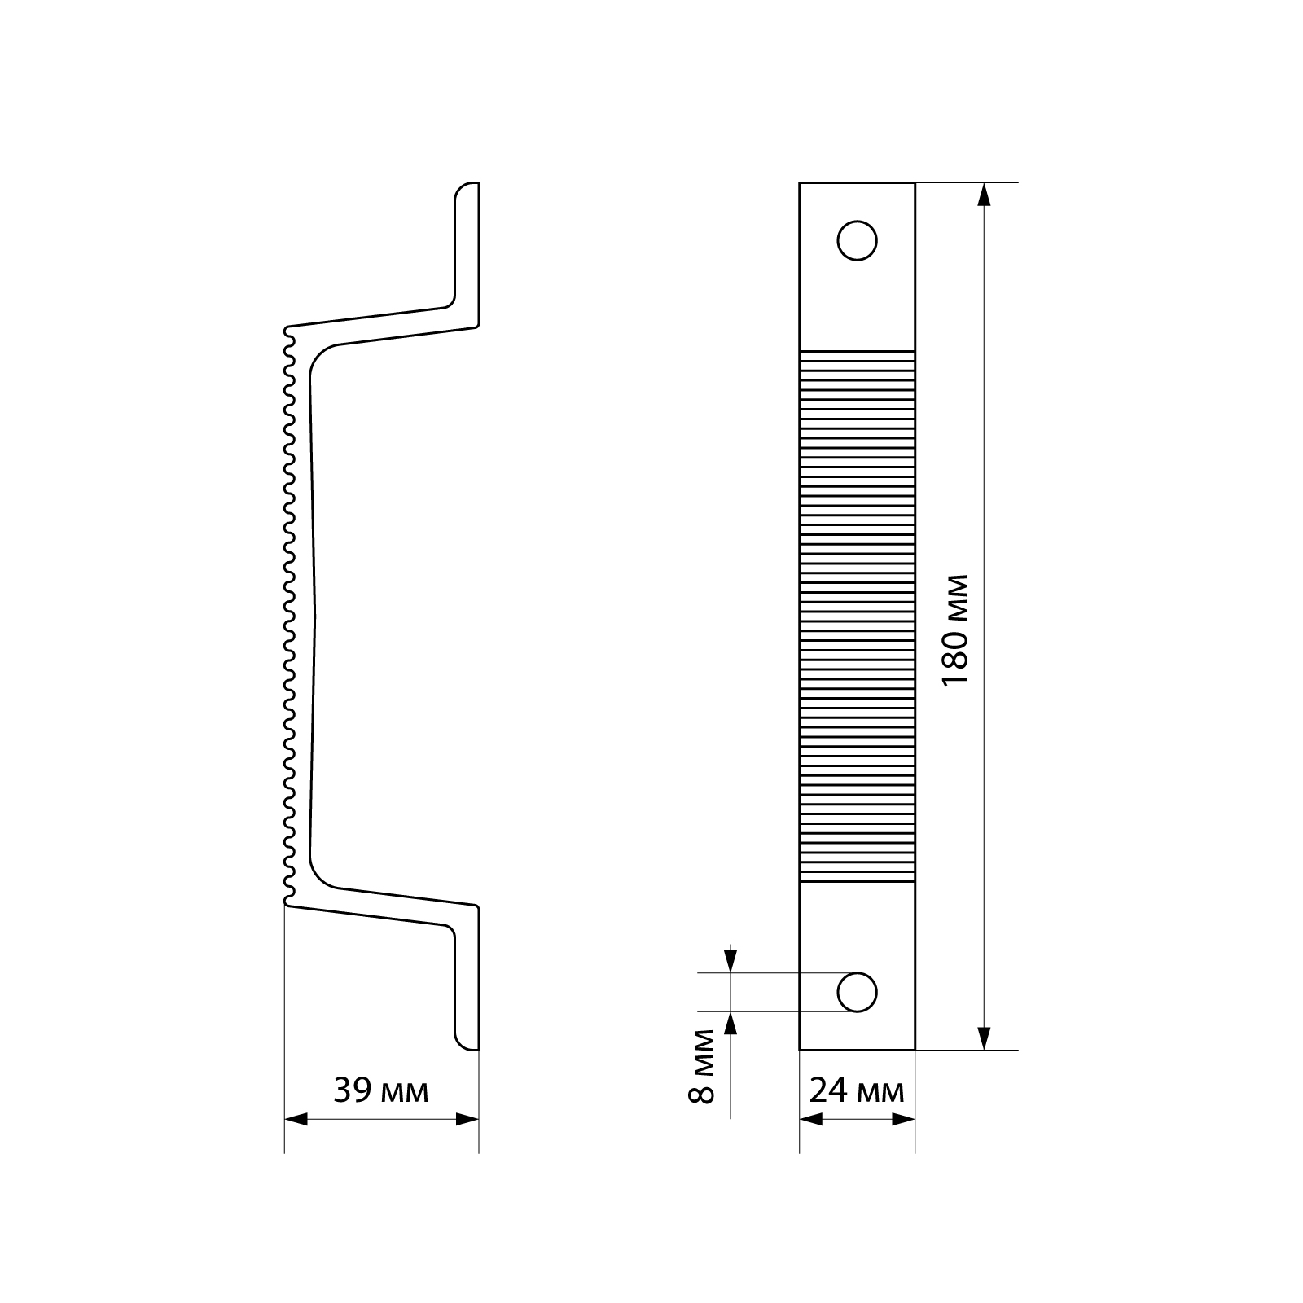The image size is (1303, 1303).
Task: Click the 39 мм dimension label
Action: [380, 1090]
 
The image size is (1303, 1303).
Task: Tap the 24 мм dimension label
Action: [857, 1090]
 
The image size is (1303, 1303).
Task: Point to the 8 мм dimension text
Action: [701, 1066]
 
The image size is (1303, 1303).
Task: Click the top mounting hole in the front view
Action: [857, 240]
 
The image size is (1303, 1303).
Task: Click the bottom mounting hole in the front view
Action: [857, 992]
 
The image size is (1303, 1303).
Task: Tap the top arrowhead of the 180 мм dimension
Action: [984, 195]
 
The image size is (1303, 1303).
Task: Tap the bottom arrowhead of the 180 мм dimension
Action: [984, 1038]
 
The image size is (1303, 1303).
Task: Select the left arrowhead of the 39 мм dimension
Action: [296, 1120]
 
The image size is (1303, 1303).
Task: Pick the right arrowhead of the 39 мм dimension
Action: [467, 1120]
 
